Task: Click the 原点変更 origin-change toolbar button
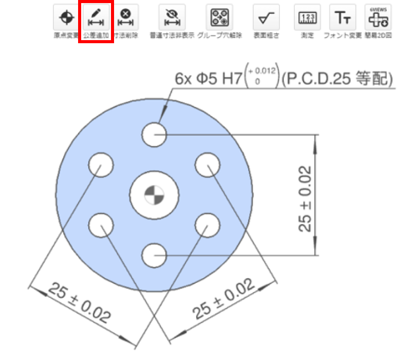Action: pyautogui.click(x=66, y=19)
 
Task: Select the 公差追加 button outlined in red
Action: pyautogui.click(x=95, y=19)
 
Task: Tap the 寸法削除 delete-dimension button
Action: pyautogui.click(x=125, y=19)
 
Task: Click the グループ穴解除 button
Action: pyautogui.click(x=218, y=19)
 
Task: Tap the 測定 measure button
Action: pyautogui.click(x=307, y=19)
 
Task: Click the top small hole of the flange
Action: pyautogui.click(x=154, y=135)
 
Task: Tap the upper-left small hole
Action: pyautogui.click(x=101, y=165)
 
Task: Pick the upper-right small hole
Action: pyautogui.click(x=208, y=165)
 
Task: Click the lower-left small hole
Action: pyautogui.click(x=101, y=225)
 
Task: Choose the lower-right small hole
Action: pyautogui.click(x=208, y=225)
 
